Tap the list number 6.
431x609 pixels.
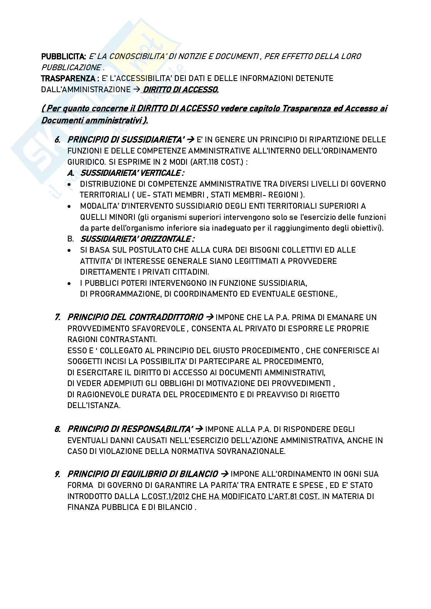[58, 139]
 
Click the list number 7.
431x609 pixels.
[58, 317]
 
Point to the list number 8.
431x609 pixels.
[58, 429]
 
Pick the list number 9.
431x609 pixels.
[58, 474]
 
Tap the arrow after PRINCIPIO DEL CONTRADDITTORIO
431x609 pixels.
[210, 317]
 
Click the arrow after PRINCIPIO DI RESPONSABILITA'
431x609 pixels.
[199, 429]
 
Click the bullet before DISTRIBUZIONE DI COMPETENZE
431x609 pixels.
[69, 184]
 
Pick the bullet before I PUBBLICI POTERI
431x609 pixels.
[69, 283]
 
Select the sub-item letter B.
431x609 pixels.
[70, 239]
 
